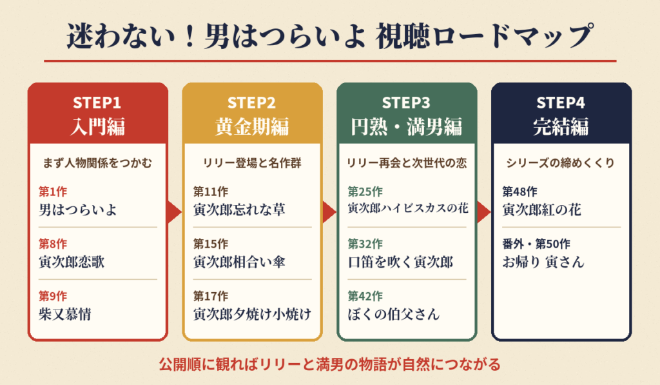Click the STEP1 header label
coord(97,103)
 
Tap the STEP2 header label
coord(251,103)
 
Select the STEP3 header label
coord(406,103)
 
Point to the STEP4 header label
coord(561,103)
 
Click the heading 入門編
coord(98,126)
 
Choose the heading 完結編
coord(561,126)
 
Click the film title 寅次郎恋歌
coord(72,262)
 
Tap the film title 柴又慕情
coord(65,314)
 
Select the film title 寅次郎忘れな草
coord(239,210)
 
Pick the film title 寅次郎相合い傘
coord(239,262)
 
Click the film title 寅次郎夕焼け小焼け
coord(252,314)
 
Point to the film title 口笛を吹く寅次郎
coord(400,262)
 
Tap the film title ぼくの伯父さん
coord(394,314)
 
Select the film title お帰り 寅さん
coord(543,262)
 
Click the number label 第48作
coord(520,192)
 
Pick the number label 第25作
coord(365,192)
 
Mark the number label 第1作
coord(53,192)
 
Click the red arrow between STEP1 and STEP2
coord(174,212)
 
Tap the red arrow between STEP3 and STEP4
coord(483,212)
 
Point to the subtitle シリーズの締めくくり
coord(560,163)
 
